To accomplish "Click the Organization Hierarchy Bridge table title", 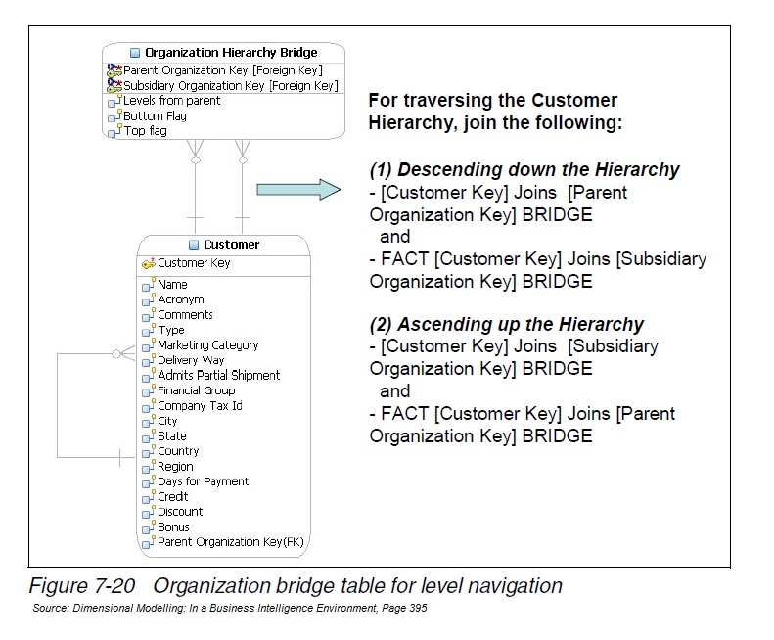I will pyautogui.click(x=231, y=52).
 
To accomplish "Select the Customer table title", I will pyautogui.click(x=231, y=244).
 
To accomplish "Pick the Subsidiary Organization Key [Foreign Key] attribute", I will pyautogui.click(x=230, y=85).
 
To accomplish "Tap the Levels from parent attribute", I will pyautogui.click(x=171, y=101).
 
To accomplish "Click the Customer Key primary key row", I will pyautogui.click(x=194, y=263).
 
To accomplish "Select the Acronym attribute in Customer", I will pyautogui.click(x=180, y=299).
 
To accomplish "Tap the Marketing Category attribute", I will pyautogui.click(x=207, y=344).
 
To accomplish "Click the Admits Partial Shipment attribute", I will pyautogui.click(x=218, y=375).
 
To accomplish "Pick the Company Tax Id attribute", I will pyautogui.click(x=200, y=405).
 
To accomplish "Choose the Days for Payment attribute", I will pyautogui.click(x=203, y=480).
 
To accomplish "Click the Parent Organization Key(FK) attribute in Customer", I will pyautogui.click(x=224, y=541).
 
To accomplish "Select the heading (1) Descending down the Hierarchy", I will pyautogui.click(x=524, y=169).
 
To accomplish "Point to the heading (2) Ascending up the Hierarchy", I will pyautogui.click(x=506, y=324).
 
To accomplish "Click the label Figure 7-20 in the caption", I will pyautogui.click(x=86, y=586).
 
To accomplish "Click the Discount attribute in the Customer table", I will pyautogui.click(x=180, y=511).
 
